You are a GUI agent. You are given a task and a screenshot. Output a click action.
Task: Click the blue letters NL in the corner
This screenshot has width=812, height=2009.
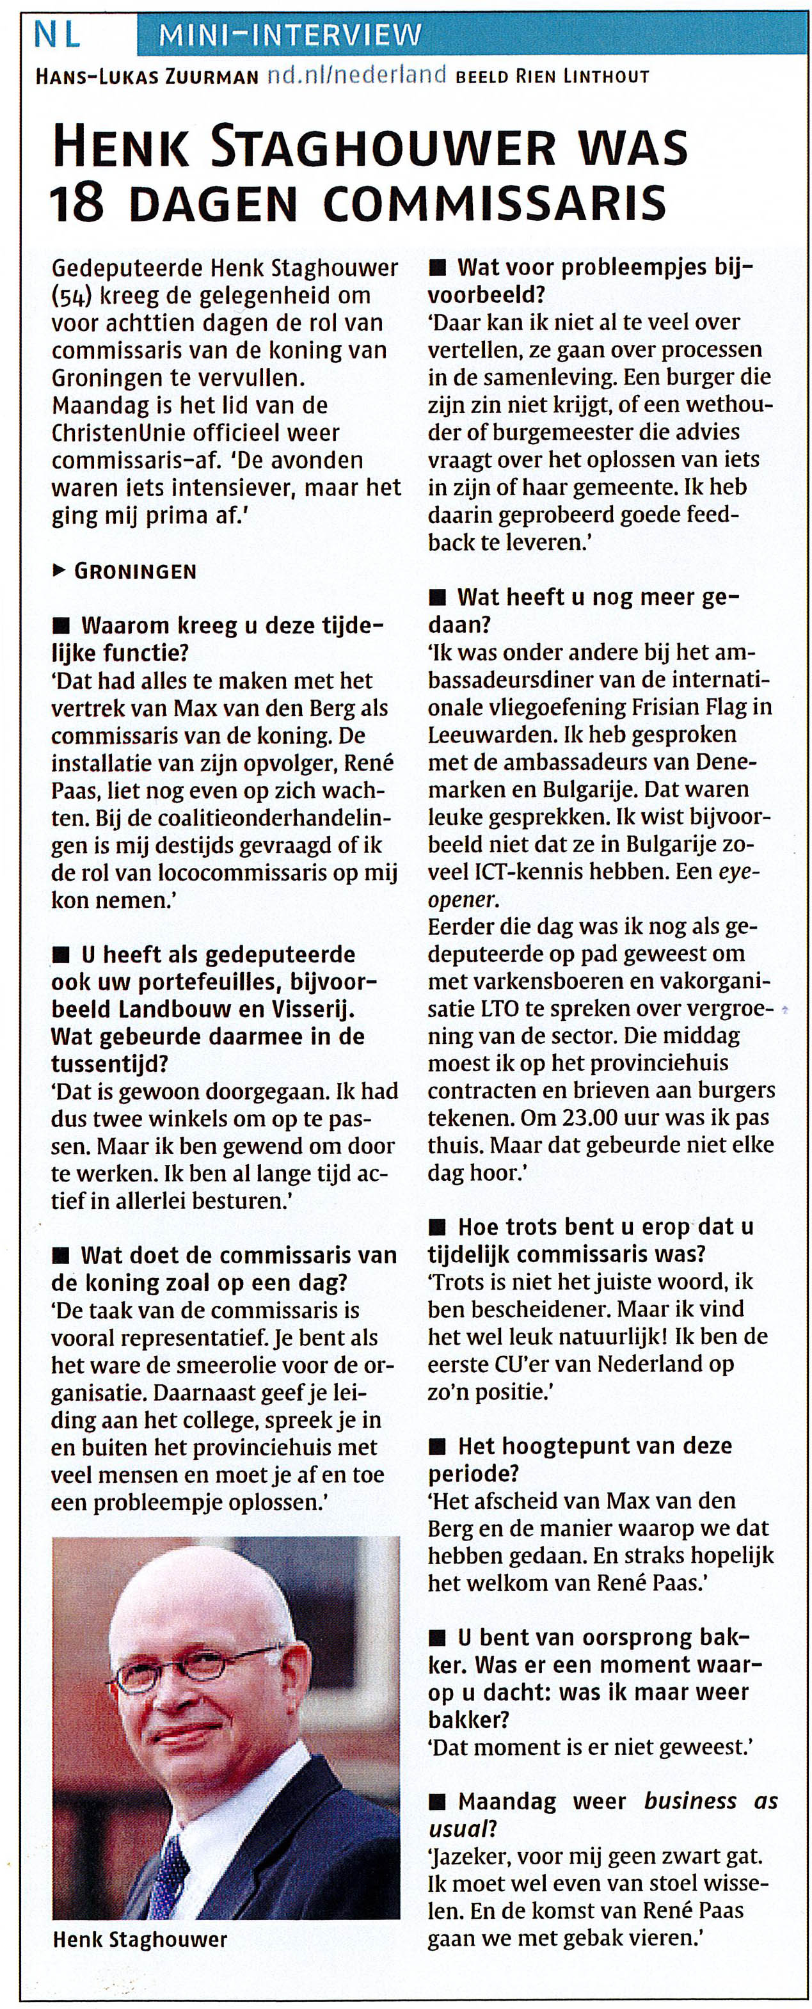[57, 35]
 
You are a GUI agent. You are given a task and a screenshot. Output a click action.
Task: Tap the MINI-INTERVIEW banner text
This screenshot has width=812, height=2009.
[289, 36]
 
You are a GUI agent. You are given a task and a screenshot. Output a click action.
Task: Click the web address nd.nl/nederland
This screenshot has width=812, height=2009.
[356, 75]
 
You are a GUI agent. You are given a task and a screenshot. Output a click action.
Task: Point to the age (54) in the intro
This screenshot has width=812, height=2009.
[67, 296]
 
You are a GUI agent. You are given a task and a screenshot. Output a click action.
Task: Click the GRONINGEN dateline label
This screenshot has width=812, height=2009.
[135, 571]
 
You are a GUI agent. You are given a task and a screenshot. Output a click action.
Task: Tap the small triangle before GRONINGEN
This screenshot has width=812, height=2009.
[58, 571]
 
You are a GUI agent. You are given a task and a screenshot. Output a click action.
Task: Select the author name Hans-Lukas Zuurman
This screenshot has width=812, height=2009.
[146, 76]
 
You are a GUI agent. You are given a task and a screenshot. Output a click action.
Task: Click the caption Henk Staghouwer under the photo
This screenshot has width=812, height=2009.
[139, 1940]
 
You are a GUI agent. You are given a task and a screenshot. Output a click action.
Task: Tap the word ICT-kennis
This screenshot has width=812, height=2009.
[552, 872]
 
